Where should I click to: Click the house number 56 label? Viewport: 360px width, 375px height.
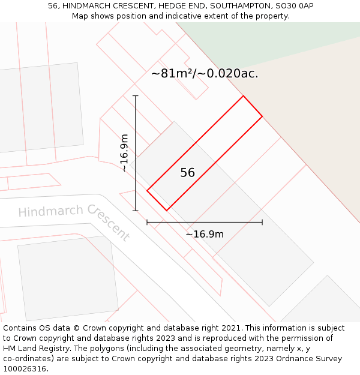[187, 173]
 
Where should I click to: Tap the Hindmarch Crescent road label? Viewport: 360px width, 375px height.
[74, 220]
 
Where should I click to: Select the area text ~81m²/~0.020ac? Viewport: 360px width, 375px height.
[205, 74]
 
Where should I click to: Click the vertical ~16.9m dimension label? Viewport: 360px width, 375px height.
[124, 152]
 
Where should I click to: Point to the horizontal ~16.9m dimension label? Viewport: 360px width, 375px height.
[205, 234]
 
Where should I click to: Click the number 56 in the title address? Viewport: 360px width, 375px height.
[53, 6]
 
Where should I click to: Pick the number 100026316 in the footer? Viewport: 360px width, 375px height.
[26, 369]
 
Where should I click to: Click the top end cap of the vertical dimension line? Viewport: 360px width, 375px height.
[136, 95]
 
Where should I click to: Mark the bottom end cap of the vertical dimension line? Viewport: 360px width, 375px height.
[136, 211]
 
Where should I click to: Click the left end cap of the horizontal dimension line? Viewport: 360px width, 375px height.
[147, 222]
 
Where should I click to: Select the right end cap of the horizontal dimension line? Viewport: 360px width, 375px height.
[262, 222]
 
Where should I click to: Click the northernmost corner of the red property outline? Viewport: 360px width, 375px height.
[243, 96]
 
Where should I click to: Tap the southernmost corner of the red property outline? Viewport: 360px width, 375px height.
[166, 211]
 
